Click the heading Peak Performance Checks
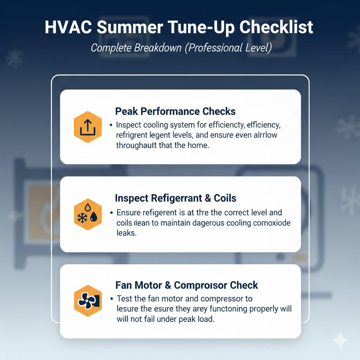[175, 111]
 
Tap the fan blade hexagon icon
[88, 301]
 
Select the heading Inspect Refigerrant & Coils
[175, 198]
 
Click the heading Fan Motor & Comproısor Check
[186, 285]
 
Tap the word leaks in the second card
[126, 233]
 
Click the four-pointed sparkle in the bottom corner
[340, 340]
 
